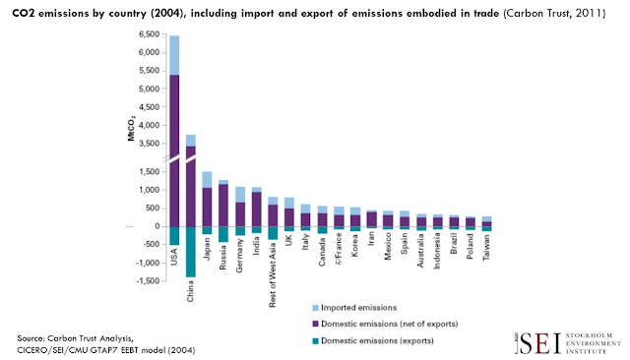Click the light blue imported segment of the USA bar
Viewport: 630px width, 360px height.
pyautogui.click(x=174, y=55)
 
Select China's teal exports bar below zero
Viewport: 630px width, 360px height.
pyautogui.click(x=191, y=252)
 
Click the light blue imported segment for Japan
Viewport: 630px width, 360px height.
pyautogui.click(x=207, y=179)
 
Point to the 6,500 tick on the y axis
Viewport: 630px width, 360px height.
pyautogui.click(x=149, y=34)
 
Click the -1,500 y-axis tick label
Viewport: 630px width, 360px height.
pyautogui.click(x=148, y=281)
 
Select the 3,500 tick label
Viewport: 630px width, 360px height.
pyautogui.click(x=149, y=144)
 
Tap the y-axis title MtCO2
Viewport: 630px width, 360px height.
pyautogui.click(x=131, y=129)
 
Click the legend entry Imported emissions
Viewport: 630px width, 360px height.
pyautogui.click(x=354, y=308)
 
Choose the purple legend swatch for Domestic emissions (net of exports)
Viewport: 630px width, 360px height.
pyautogui.click(x=315, y=324)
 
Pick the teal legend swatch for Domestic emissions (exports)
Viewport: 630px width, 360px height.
pyautogui.click(x=315, y=341)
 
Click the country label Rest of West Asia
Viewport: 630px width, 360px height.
pyautogui.click(x=273, y=274)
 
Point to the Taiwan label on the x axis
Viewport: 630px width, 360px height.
pyautogui.click(x=486, y=247)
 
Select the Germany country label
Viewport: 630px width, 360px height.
pyautogui.click(x=240, y=256)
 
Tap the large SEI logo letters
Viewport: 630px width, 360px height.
pyautogui.click(x=538, y=344)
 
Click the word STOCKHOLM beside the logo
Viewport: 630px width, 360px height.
pyautogui.click(x=589, y=335)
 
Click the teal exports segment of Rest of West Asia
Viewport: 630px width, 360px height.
pyautogui.click(x=273, y=233)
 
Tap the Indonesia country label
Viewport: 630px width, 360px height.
pyautogui.click(x=437, y=251)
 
